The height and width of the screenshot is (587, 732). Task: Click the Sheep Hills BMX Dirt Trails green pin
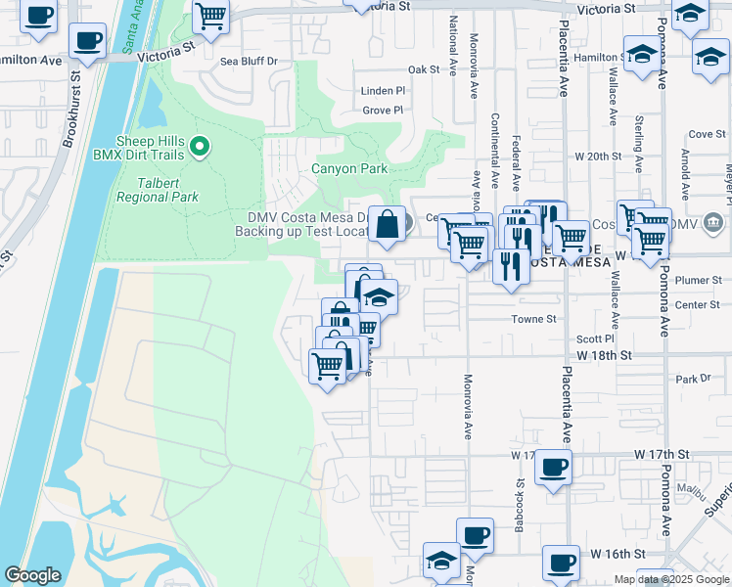tap(201, 148)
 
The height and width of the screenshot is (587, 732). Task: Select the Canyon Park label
tap(349, 168)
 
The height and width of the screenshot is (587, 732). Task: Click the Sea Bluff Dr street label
tap(249, 61)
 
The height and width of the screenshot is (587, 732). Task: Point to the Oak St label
tap(424, 69)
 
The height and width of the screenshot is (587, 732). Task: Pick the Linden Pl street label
tap(383, 90)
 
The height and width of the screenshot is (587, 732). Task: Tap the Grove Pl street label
tap(383, 110)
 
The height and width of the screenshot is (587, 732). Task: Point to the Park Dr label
tap(692, 379)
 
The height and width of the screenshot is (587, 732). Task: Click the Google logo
tap(32, 575)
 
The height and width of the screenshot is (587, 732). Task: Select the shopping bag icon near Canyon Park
tap(389, 223)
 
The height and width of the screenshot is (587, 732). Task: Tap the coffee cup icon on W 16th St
tap(561, 563)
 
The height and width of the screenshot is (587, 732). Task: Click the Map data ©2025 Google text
tap(670, 579)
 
